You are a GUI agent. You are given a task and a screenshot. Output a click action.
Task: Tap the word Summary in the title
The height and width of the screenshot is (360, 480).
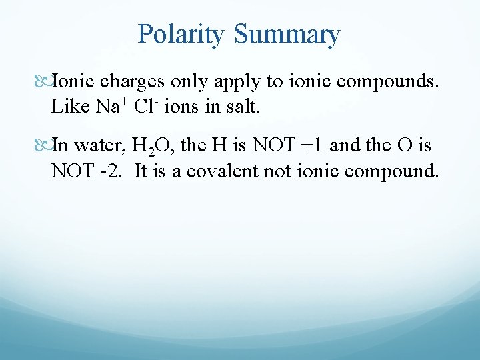[287, 34]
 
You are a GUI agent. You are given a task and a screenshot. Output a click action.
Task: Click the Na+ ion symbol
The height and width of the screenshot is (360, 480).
[115, 105]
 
